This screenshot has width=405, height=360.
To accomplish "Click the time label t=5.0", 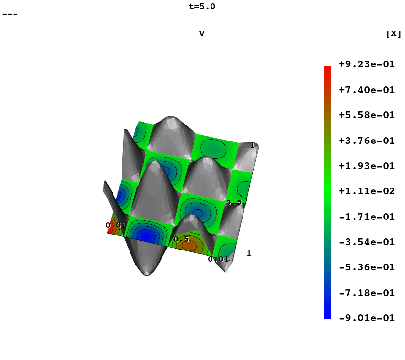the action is (202, 6).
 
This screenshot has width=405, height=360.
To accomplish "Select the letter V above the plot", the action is (202, 33).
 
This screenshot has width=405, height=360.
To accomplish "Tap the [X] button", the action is (394, 34).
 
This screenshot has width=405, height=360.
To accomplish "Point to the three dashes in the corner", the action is (10, 14).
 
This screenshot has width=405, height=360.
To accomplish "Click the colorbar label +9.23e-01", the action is (367, 64).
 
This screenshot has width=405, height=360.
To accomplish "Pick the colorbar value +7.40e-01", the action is (367, 90).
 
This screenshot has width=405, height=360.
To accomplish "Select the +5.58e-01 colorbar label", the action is (367, 115).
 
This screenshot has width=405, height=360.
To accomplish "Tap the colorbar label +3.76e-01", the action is (367, 141).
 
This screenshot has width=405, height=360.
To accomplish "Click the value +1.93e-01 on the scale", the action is (367, 166).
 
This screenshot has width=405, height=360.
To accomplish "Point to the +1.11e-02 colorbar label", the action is (367, 191).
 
